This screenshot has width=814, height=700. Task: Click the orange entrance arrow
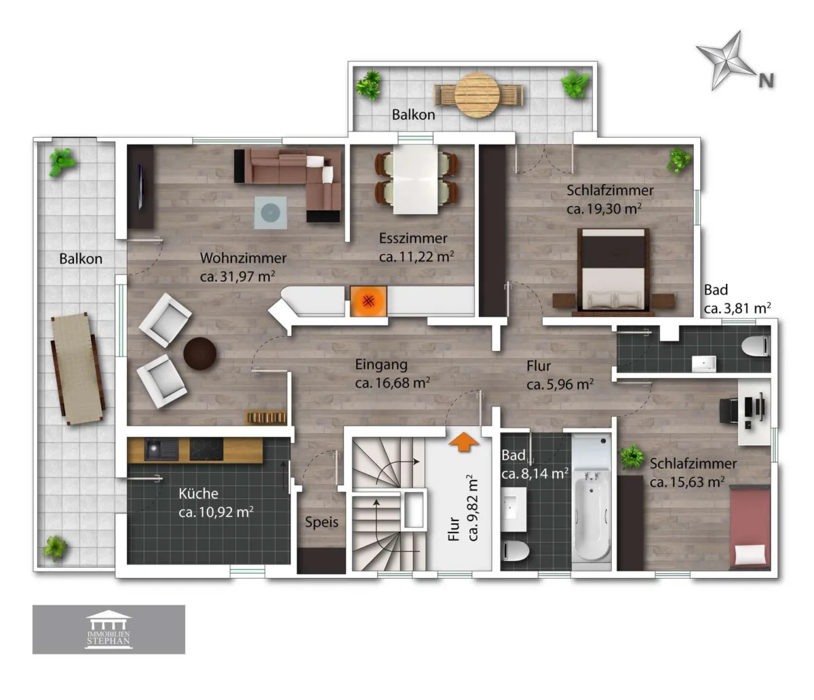(x=463, y=442)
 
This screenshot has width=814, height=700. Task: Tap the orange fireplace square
(x=368, y=301)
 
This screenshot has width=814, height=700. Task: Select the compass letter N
(x=766, y=81)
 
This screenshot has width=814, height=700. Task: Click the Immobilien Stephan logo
(x=109, y=630)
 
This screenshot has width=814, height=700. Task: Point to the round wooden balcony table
(x=478, y=96)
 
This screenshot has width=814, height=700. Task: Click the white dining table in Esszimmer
(x=415, y=180)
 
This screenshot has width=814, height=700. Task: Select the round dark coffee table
(x=199, y=353)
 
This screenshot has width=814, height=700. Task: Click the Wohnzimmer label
(x=243, y=258)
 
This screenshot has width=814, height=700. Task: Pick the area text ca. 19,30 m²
(x=604, y=209)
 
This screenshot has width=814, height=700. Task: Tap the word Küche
(x=198, y=493)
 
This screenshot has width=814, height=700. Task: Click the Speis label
(x=322, y=522)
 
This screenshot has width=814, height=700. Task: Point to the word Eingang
(x=381, y=365)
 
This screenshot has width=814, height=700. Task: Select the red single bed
(x=750, y=527)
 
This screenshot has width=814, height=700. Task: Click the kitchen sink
(x=161, y=449)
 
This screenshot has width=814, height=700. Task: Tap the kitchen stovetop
(x=206, y=449)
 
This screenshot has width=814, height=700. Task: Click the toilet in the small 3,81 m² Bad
(x=756, y=346)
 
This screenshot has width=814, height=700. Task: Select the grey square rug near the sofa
(x=270, y=213)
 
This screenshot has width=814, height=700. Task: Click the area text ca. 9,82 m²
(x=473, y=508)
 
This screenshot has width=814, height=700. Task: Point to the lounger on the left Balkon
(x=78, y=369)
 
